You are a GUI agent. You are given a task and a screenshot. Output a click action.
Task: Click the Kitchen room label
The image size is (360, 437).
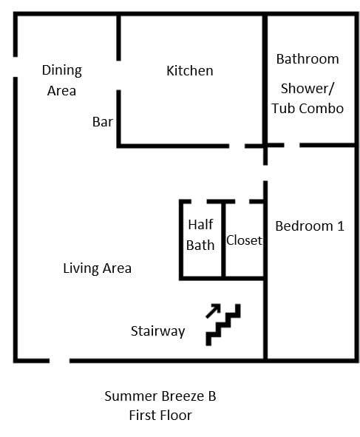pyautogui.click(x=189, y=71)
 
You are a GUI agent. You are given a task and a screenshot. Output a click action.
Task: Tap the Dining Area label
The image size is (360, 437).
pyautogui.click(x=61, y=80)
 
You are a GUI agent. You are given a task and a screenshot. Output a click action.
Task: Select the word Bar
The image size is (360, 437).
pyautogui.click(x=103, y=121)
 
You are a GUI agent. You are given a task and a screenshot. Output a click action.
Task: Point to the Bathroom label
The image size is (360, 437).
pyautogui.click(x=308, y=59)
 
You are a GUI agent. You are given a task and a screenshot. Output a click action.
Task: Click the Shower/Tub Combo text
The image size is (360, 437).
pyautogui.click(x=308, y=98)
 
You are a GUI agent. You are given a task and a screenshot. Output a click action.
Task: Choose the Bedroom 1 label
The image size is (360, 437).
pyautogui.click(x=309, y=226)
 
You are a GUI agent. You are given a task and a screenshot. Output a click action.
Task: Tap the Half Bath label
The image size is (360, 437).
pyautogui.click(x=200, y=234)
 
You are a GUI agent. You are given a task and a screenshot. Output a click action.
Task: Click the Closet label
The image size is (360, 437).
pyautogui.click(x=244, y=240)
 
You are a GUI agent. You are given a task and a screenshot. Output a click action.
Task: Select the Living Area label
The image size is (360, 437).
pyautogui.click(x=97, y=268)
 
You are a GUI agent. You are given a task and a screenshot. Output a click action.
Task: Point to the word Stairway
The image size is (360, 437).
pyautogui.click(x=157, y=331)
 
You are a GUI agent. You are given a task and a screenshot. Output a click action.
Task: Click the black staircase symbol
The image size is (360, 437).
pyautogui.click(x=224, y=325)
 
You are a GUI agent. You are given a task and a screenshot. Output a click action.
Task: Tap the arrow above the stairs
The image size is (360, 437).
pyautogui.click(x=213, y=310)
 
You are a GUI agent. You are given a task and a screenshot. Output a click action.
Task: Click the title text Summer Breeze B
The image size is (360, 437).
pyautogui.click(x=160, y=396)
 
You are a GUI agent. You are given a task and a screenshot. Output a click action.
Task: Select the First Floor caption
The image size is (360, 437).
pyautogui.click(x=160, y=416)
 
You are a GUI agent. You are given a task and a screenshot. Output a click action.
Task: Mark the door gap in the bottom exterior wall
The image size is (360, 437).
pyautogui.click(x=59, y=361)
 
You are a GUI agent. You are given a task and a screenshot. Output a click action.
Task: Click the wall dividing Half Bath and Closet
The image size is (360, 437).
pyautogui.click(x=223, y=240)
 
